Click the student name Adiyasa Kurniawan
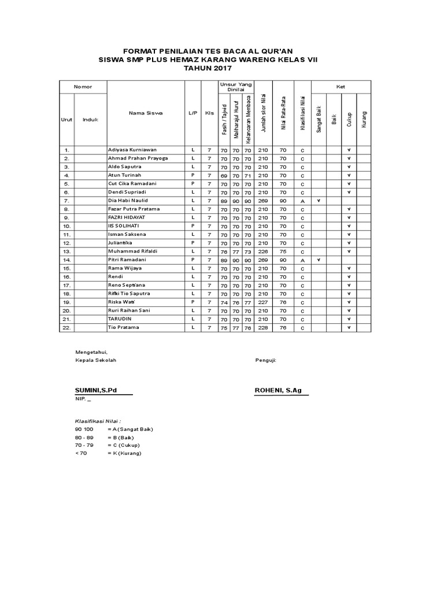[132, 149]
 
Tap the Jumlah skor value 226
[263, 251]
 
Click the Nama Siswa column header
[146, 113]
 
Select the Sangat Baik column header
[319, 119]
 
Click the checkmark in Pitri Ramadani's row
[319, 260]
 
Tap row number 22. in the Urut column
[66, 328]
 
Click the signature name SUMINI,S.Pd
[96, 390]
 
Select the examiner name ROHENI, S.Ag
[278, 390]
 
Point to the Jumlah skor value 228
[263, 328]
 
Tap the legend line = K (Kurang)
[124, 453]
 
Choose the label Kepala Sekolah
[96, 360]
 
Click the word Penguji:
[265, 360]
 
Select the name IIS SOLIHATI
[124, 226]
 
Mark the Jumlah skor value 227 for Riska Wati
[263, 302]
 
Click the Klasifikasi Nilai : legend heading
[98, 421]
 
